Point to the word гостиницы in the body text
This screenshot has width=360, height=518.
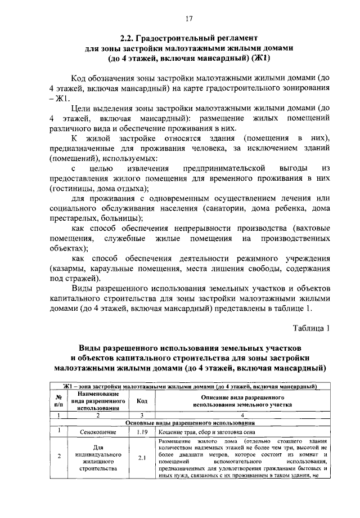pyautogui.click(x=73, y=188)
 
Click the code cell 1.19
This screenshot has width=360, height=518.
pyautogui.click(x=142, y=432)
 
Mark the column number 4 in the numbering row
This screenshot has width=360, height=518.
pyautogui.click(x=242, y=415)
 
